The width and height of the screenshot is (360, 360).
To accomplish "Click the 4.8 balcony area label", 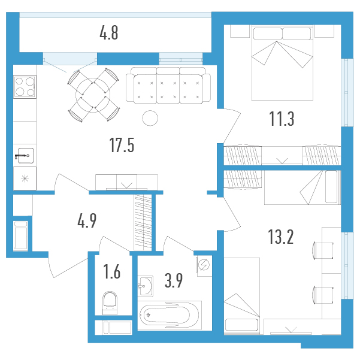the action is (x=109, y=33).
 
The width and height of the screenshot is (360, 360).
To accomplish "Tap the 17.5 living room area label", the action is (x=122, y=145).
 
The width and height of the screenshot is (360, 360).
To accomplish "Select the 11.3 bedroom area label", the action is (x=282, y=119).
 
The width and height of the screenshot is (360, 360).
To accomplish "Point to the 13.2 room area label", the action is (x=281, y=237).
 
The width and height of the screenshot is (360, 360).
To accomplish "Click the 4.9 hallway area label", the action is (x=87, y=220).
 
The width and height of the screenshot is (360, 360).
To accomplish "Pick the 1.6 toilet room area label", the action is (x=112, y=271).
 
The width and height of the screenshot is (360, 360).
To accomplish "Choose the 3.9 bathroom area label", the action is (x=174, y=280).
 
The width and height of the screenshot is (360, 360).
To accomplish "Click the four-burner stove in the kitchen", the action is (x=25, y=87).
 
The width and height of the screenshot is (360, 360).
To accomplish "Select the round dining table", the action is (x=93, y=95).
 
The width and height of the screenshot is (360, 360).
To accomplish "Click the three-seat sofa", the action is (x=168, y=85).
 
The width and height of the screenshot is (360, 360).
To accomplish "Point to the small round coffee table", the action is (x=150, y=118).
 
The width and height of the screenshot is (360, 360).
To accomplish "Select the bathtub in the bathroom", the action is (x=170, y=315).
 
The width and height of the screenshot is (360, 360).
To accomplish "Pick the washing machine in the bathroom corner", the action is (x=204, y=267).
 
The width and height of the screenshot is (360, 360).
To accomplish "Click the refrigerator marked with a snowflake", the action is (x=25, y=179).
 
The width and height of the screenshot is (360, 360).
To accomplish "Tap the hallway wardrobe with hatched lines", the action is (x=143, y=222).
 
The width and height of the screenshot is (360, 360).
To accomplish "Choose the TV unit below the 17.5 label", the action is (x=127, y=182).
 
